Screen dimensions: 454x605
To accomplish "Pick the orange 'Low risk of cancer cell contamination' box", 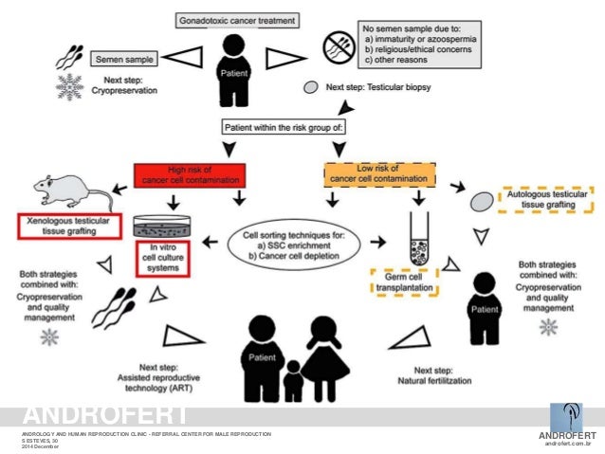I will (x=378, y=173).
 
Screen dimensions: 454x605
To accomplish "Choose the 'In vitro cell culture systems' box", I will (x=158, y=255).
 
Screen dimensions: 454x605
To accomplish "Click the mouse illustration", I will (x=71, y=191).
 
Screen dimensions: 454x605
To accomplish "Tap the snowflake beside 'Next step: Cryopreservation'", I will (x=69, y=86).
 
